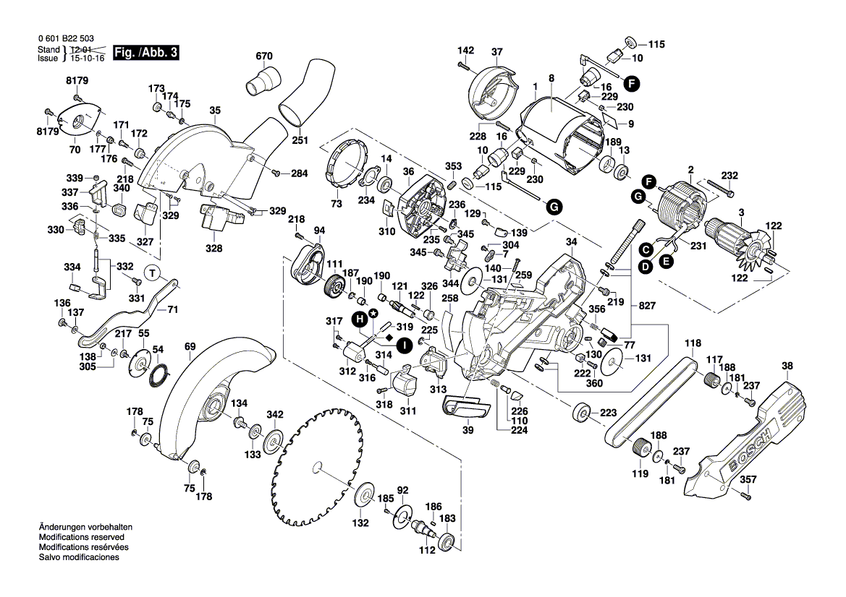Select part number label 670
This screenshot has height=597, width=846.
pos(264,56)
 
